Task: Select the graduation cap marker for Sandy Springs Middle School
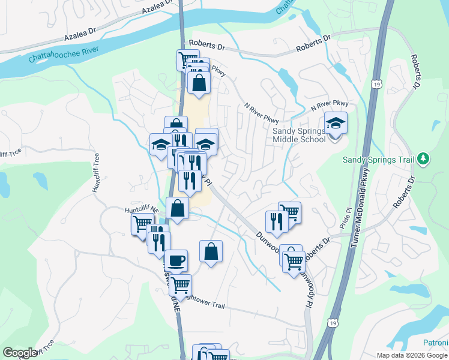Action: [x=336, y=124]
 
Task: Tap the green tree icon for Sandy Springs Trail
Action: [x=424, y=158]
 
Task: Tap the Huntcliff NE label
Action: [x=142, y=210]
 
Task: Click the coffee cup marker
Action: [x=176, y=260]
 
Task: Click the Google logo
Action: [x=19, y=353]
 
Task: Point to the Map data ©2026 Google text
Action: [x=412, y=355]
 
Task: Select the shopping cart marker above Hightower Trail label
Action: [x=179, y=285]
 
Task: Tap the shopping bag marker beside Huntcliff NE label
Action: [x=178, y=208]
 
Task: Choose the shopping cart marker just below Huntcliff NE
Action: [x=142, y=224]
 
